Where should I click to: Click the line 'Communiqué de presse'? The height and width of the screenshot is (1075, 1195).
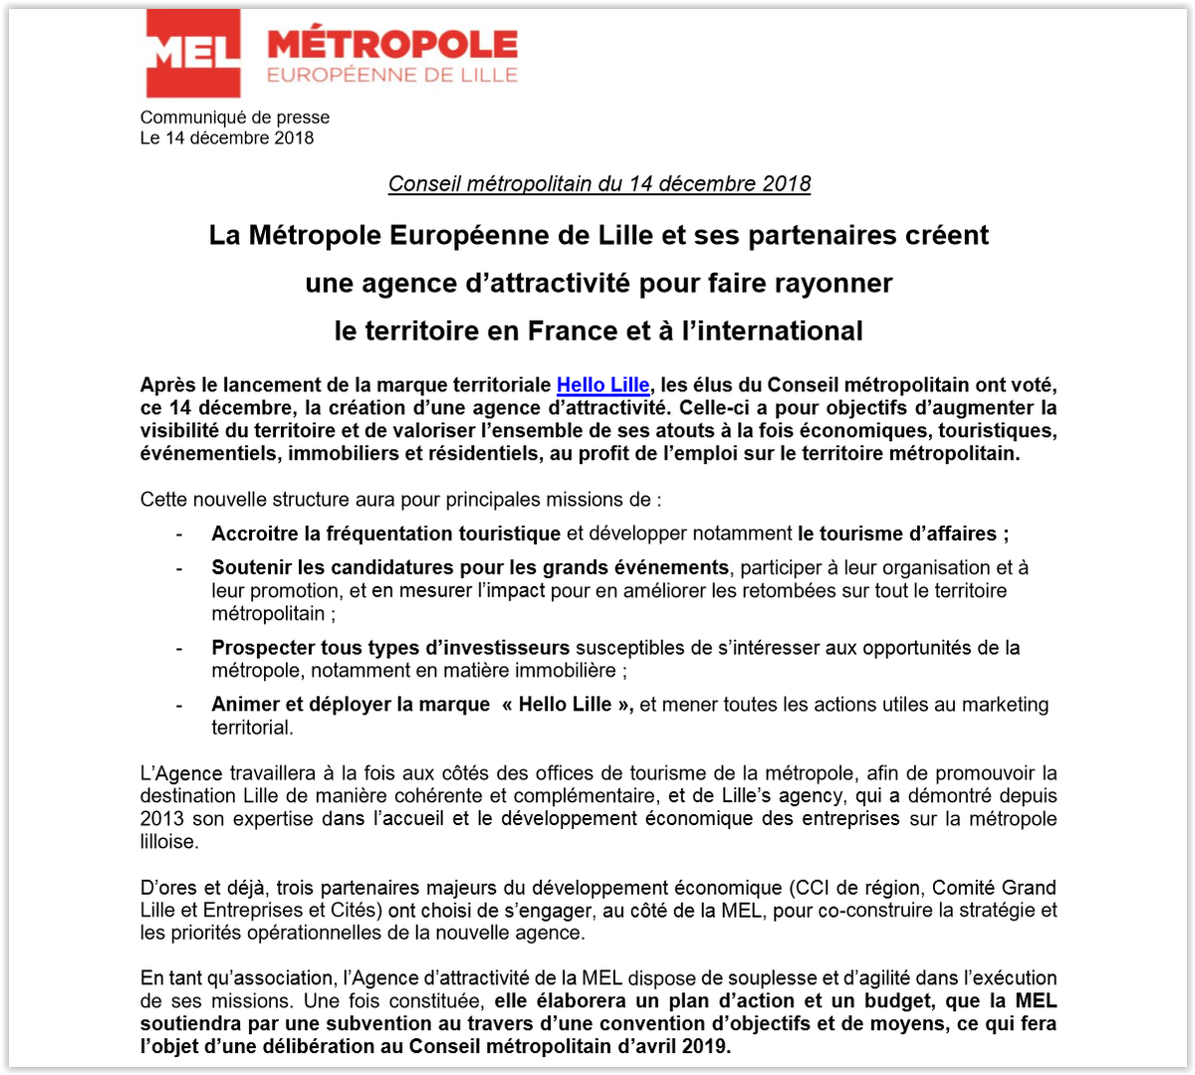point(235,117)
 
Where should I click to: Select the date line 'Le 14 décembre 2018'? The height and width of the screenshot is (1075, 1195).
point(227,138)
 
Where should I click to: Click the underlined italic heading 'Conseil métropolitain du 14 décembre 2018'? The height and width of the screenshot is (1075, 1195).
point(599,184)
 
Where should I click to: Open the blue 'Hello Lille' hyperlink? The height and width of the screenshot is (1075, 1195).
point(602,386)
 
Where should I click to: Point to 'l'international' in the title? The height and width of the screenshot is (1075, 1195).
point(769,330)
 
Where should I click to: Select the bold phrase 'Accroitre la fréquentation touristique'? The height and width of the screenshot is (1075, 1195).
point(385,535)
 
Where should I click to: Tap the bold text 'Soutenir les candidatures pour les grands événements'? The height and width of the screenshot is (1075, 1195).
point(470,568)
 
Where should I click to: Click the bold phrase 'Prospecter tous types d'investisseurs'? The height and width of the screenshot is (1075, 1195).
point(390,649)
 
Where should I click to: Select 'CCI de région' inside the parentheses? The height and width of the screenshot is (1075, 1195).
point(845,888)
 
